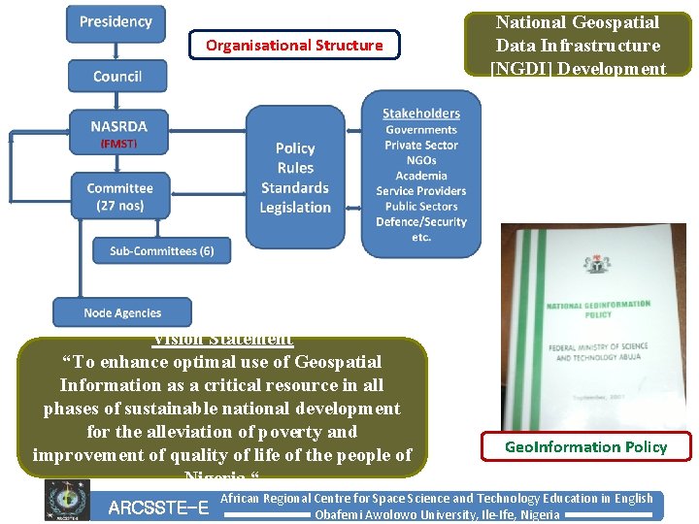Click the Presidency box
116,22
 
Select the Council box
116,76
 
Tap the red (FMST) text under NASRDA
119,144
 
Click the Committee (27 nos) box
119,196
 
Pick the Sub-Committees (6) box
162,250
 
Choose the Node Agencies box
122,312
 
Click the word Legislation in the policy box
295,208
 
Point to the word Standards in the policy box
295,188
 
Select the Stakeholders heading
421,114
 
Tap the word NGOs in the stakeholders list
421,160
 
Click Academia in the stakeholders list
421,176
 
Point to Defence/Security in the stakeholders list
421,222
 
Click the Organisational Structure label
294,45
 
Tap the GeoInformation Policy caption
585,446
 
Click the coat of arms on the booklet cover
593,264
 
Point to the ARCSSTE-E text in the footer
158,508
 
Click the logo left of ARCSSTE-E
67,501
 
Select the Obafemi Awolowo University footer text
437,514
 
